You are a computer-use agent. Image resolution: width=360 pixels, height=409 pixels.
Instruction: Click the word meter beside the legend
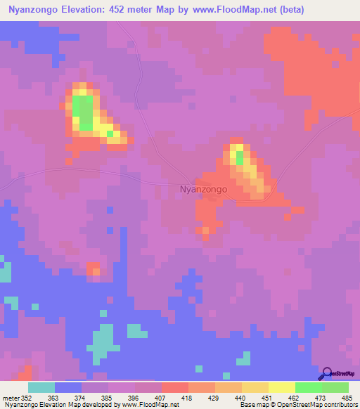(10, 398)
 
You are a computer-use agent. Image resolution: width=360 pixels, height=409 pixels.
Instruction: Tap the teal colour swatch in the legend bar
(41, 387)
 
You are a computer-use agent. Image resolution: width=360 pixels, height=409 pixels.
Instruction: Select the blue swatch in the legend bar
(68, 387)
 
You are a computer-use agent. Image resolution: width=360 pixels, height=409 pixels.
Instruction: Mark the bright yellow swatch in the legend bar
(281, 387)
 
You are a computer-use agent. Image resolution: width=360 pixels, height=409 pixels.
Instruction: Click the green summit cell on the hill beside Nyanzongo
(239, 157)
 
